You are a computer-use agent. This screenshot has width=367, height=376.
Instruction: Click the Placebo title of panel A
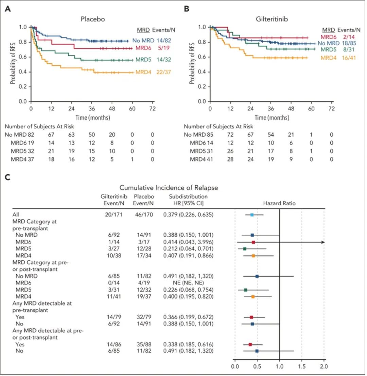[x=92, y=19]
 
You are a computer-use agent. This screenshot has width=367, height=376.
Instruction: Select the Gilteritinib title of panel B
[x=272, y=19]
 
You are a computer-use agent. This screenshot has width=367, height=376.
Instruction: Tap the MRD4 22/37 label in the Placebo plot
[x=153, y=72]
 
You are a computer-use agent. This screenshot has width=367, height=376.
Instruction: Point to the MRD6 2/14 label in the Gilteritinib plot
[x=337, y=37]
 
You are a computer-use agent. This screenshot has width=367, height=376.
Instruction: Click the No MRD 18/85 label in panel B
[x=337, y=43]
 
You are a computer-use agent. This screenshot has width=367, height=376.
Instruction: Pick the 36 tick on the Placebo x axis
[x=92, y=109]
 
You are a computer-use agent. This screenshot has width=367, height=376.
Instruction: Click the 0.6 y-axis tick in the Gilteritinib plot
[x=202, y=57]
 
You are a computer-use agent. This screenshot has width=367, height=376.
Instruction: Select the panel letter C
[x=8, y=177]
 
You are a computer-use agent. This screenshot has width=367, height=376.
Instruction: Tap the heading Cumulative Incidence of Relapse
[x=169, y=188]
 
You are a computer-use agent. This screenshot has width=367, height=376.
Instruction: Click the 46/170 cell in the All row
[x=144, y=214]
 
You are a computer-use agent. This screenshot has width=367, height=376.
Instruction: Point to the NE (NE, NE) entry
[x=188, y=283]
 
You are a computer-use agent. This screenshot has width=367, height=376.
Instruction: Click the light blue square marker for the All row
[x=252, y=215]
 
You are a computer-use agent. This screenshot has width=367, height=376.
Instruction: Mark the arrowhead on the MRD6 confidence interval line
[x=323, y=242]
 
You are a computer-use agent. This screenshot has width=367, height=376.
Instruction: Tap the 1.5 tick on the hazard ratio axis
[x=302, y=366]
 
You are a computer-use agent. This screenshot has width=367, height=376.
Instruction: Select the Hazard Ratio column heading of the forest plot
[x=279, y=203]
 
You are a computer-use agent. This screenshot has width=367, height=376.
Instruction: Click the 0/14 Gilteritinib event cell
[x=114, y=283]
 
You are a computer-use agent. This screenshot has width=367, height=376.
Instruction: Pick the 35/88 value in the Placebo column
[x=144, y=344]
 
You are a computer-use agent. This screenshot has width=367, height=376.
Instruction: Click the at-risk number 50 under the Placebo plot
[x=92, y=135]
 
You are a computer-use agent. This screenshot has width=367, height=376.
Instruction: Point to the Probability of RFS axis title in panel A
[x=13, y=63]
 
